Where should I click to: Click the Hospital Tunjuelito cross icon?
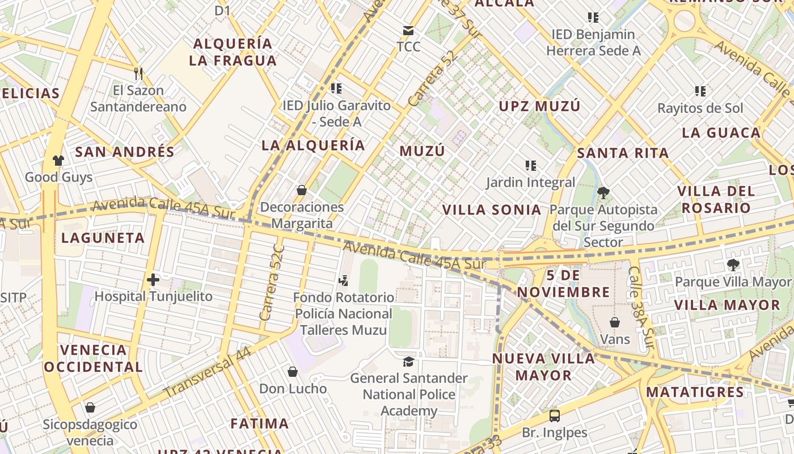(x=153, y=280)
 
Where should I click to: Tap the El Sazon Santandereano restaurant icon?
(x=138, y=73)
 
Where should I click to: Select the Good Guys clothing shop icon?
(x=58, y=161)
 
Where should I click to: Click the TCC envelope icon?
(x=408, y=30)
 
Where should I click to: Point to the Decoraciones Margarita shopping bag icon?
(x=302, y=190)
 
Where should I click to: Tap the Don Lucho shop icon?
(x=293, y=372)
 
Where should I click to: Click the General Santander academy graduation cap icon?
(x=408, y=361)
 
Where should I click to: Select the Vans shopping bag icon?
(x=615, y=322)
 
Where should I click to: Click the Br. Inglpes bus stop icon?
(x=555, y=416)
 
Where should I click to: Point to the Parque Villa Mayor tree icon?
(x=733, y=264)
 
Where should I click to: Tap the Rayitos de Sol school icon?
(x=700, y=91)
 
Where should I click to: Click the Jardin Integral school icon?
(x=531, y=166)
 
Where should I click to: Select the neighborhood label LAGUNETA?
(x=103, y=238)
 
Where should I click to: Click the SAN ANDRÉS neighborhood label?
(x=125, y=152)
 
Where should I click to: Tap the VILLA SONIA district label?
(x=492, y=209)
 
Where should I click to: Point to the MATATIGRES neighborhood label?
(x=695, y=392)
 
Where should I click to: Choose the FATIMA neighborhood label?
(x=260, y=423)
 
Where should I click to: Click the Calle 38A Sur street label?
(x=642, y=308)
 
